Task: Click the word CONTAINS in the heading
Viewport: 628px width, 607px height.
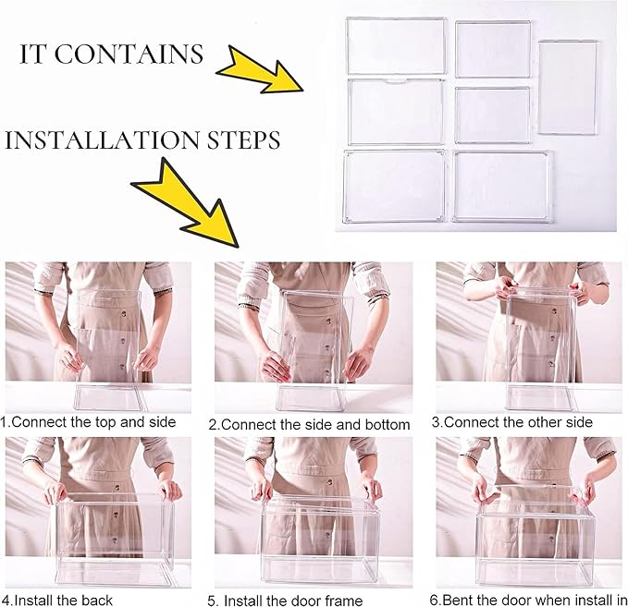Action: click(x=129, y=54)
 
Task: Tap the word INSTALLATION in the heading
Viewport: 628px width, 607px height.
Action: click(x=102, y=140)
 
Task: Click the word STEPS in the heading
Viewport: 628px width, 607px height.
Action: click(x=243, y=140)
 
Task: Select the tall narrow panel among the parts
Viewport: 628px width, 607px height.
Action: click(x=568, y=87)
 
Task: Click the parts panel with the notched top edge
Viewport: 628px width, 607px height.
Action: click(x=396, y=112)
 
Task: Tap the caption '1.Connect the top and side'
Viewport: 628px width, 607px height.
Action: click(x=88, y=422)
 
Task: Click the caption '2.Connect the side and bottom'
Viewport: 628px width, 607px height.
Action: click(x=309, y=425)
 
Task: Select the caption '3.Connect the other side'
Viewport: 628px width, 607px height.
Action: click(x=511, y=422)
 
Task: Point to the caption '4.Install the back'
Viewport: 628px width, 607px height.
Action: click(x=56, y=601)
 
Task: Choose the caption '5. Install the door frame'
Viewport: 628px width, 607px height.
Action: click(x=285, y=601)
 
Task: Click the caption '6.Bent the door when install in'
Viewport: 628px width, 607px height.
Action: click(x=529, y=601)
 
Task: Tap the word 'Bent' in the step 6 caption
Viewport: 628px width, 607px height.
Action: click(x=458, y=601)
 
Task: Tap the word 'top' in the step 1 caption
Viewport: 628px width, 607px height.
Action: click(x=106, y=423)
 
